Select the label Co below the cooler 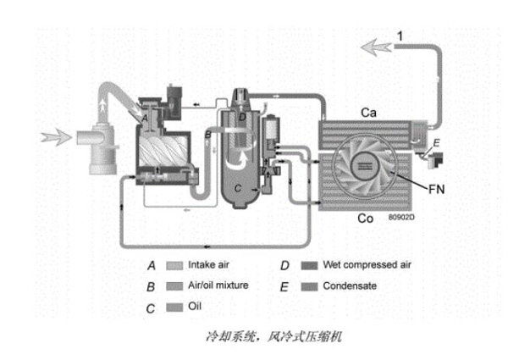pos(366,218)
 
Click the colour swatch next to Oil pos(175,307)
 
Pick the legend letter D pos(286,266)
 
